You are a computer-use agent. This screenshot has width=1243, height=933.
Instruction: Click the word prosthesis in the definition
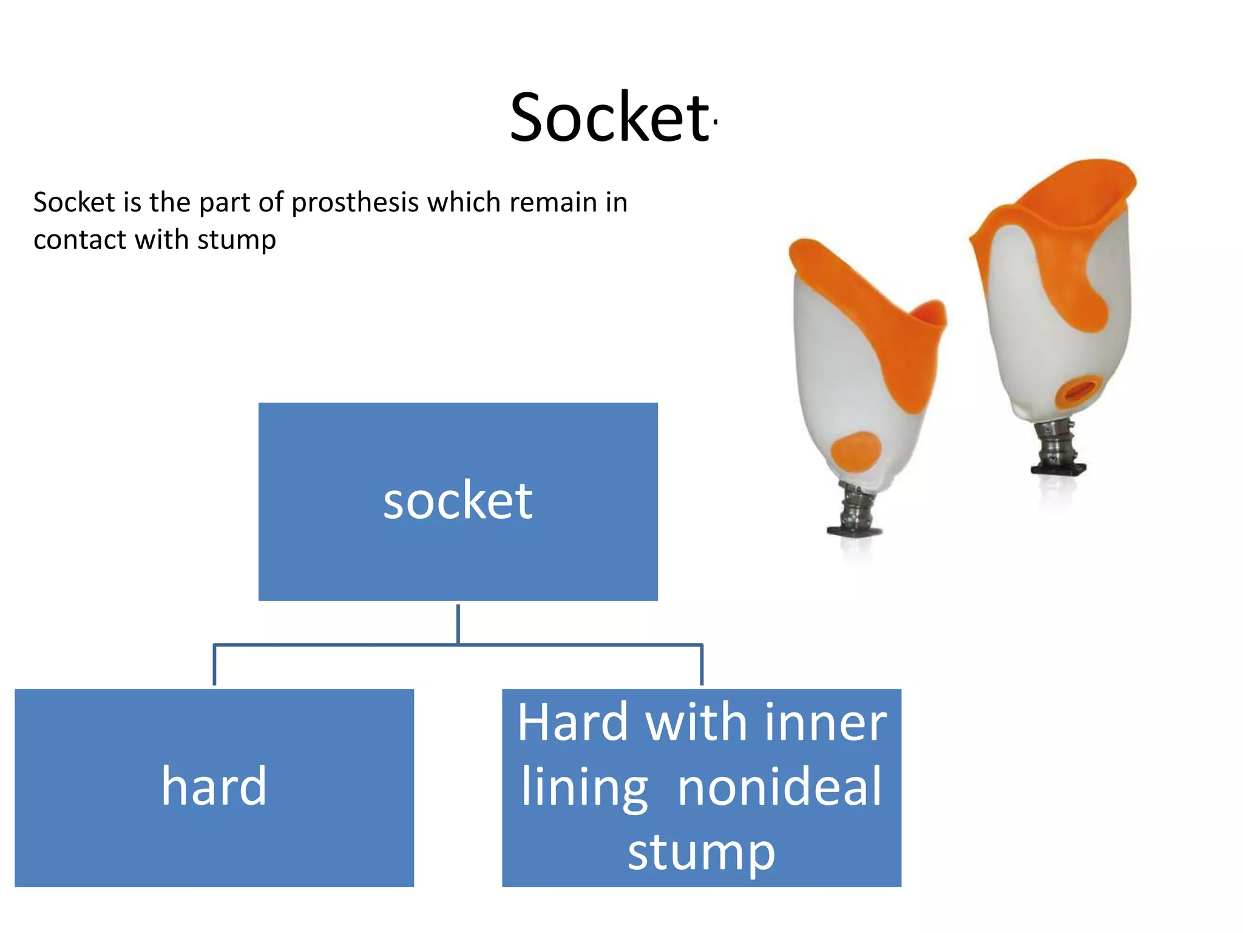click(x=354, y=203)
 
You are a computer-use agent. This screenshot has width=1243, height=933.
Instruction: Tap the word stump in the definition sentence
click(x=236, y=240)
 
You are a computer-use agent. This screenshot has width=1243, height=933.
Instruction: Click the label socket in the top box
click(x=458, y=501)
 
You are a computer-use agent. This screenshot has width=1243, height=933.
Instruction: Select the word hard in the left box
click(x=214, y=786)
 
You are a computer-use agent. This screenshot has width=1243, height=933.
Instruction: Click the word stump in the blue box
click(x=701, y=852)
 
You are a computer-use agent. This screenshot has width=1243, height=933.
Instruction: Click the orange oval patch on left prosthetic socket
click(x=856, y=451)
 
